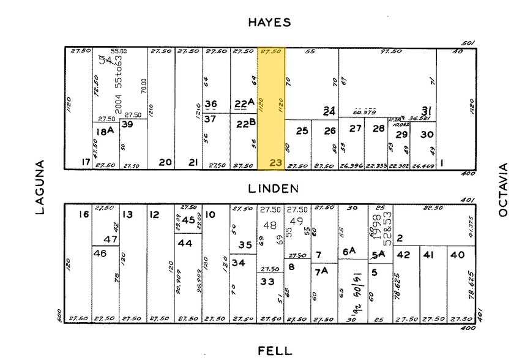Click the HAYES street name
269,23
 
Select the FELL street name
275,350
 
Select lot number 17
85,162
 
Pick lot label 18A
105,130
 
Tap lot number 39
127,124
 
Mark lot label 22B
244,124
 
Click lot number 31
427,111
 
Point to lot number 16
84,214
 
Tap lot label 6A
349,251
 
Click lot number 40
457,255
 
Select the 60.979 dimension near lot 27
364,113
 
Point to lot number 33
267,282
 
